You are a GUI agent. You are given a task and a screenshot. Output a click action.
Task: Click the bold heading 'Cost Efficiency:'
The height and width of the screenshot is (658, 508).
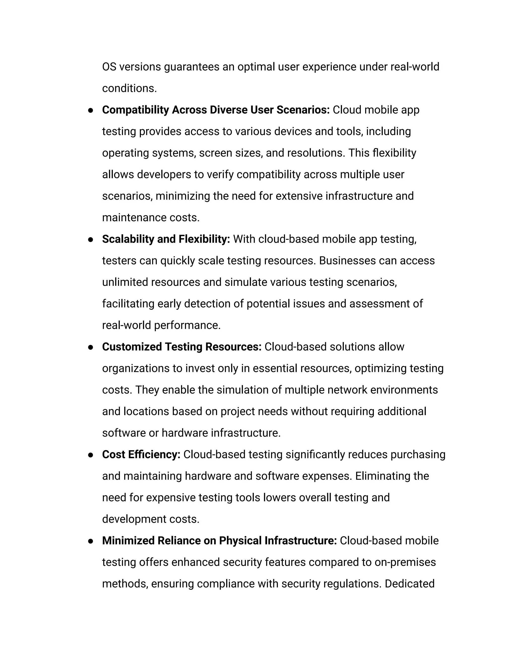[x=141, y=455]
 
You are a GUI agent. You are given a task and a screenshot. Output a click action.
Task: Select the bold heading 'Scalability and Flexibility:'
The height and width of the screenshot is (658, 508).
[x=166, y=239]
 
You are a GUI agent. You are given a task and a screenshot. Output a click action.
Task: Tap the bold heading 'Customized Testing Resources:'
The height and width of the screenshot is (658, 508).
[x=182, y=347]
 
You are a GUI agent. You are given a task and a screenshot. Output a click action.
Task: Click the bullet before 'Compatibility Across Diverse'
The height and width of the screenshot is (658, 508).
[x=90, y=110]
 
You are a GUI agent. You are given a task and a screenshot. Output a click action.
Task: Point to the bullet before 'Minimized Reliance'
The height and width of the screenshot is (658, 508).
[x=90, y=541]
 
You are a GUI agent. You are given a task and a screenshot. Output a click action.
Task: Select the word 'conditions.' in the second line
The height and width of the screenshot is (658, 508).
[x=129, y=88]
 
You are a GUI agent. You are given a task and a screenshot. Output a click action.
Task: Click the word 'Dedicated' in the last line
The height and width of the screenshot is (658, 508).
[x=409, y=584]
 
